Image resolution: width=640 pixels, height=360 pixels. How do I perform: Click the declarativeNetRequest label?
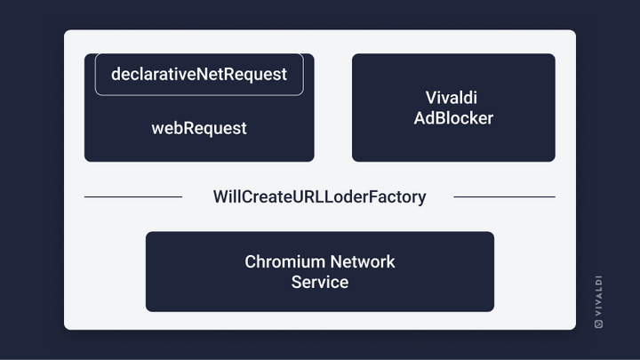(x=199, y=75)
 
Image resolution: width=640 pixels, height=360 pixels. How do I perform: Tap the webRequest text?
(x=199, y=129)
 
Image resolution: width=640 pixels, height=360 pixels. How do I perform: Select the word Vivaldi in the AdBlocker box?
(x=451, y=98)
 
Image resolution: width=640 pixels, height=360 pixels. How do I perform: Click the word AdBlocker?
(x=453, y=118)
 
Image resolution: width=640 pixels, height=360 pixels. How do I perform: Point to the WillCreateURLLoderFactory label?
(x=319, y=197)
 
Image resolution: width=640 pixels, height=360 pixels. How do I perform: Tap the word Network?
(x=363, y=262)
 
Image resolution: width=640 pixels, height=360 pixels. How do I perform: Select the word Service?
(x=320, y=283)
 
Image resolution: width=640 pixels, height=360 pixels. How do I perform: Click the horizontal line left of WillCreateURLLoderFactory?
(x=133, y=197)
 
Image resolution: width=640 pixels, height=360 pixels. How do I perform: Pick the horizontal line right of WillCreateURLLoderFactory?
(x=505, y=197)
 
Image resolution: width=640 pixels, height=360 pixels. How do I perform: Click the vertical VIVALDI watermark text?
(x=599, y=295)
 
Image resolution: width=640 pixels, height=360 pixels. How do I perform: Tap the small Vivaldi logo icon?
(x=599, y=324)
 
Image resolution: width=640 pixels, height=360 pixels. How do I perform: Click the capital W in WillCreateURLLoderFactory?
(x=220, y=197)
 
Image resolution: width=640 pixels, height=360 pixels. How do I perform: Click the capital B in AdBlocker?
(x=442, y=118)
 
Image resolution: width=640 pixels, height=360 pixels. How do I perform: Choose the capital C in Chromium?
(x=250, y=262)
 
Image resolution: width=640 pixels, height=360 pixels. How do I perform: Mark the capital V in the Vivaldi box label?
(x=431, y=98)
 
